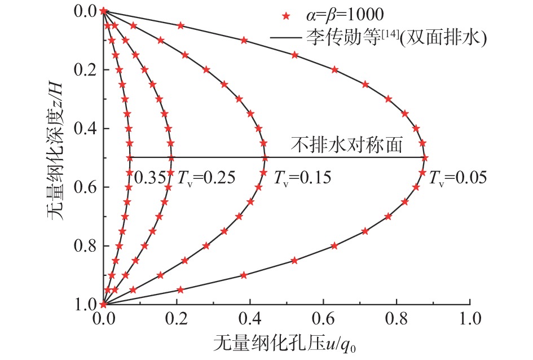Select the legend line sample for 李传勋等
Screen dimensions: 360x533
point(285,38)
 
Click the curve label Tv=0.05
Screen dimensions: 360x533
point(457,179)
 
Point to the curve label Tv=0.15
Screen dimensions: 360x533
point(302,179)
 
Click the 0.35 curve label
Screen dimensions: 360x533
point(149,179)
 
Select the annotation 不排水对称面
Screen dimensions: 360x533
point(346,146)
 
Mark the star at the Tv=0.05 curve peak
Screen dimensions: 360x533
point(425,158)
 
